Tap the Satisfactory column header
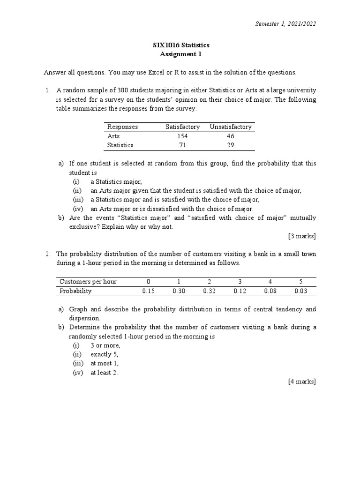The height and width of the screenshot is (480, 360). (182, 127)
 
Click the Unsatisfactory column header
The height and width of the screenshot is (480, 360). (231, 127)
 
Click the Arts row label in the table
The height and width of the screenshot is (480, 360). (113, 136)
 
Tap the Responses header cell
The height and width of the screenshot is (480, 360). (122, 127)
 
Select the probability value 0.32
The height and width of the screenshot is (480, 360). (210, 291)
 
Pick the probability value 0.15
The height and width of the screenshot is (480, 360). (148, 291)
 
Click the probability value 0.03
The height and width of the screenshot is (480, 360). (301, 291)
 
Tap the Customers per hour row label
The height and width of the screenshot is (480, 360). (88, 281)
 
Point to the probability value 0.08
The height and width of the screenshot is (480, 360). (270, 291)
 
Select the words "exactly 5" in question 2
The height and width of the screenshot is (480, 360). (105, 354)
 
